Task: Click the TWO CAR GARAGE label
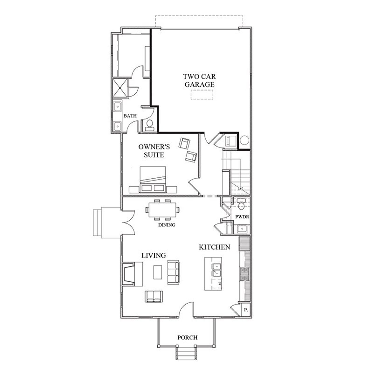[x=199, y=81]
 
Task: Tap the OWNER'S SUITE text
[x=154, y=151]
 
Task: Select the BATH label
[x=130, y=116]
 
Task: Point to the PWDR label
[x=242, y=217]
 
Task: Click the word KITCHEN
[x=214, y=247]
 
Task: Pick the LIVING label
[x=154, y=256]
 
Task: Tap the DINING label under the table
[x=167, y=225]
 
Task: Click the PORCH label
[x=187, y=338]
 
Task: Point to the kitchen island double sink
[x=217, y=270]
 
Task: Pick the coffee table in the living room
[x=157, y=272]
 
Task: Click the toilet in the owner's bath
[x=149, y=124]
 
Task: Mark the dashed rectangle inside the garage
[x=202, y=95]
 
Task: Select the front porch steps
[x=185, y=353]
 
